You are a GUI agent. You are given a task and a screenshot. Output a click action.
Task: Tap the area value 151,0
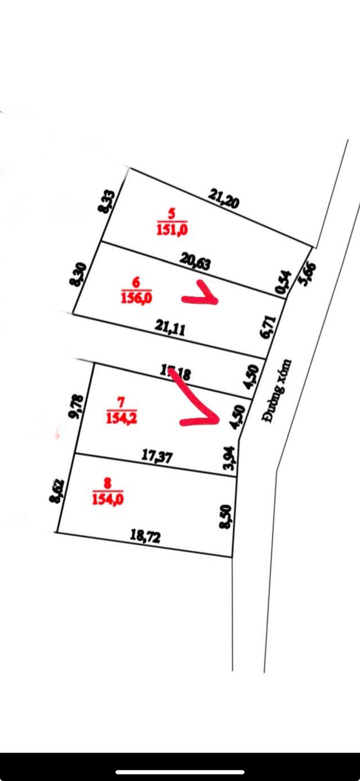click(172, 229)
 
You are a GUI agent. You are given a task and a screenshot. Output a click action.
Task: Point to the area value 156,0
click(136, 298)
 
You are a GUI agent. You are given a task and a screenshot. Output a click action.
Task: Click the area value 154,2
click(121, 417)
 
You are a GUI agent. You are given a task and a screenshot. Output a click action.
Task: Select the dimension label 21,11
click(170, 328)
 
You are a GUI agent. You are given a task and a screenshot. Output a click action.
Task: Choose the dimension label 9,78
click(75, 406)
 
